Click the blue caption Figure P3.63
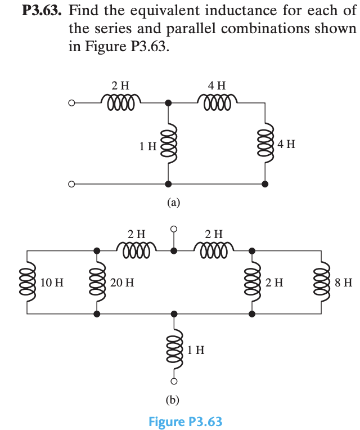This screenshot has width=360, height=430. pyautogui.click(x=185, y=422)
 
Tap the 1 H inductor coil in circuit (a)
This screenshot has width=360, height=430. pyautogui.click(x=167, y=145)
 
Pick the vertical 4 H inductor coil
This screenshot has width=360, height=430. pyautogui.click(x=265, y=144)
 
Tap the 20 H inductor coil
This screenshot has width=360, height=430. pyautogui.click(x=97, y=281)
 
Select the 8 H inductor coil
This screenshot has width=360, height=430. pyautogui.click(x=323, y=281)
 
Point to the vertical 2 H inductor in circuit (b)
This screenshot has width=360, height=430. pyautogui.click(x=252, y=281)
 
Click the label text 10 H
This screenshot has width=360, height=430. pyautogui.click(x=52, y=282)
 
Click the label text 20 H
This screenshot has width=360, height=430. pyautogui.click(x=122, y=282)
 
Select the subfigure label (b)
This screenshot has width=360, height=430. pyautogui.click(x=173, y=400)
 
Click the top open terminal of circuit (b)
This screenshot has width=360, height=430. pyautogui.click(x=174, y=229)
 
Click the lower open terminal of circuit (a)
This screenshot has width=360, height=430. pyautogui.click(x=71, y=184)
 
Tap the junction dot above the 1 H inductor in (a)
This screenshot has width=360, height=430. pyautogui.click(x=167, y=104)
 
